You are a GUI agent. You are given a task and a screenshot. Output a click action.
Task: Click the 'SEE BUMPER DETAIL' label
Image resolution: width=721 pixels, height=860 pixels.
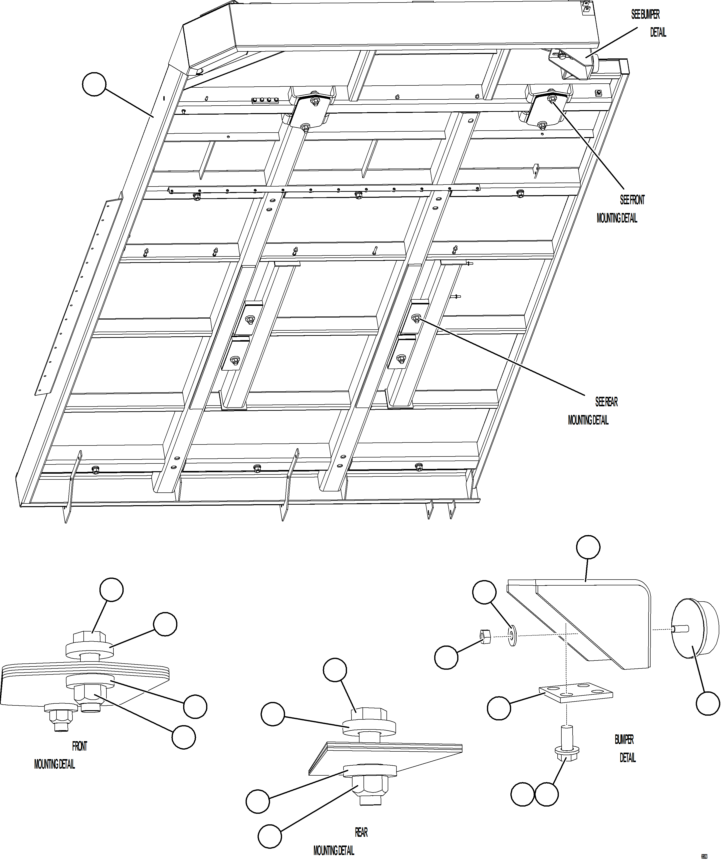point(649,23)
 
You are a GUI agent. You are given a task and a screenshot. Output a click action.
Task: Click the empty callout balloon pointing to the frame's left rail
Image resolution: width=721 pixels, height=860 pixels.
point(94,84)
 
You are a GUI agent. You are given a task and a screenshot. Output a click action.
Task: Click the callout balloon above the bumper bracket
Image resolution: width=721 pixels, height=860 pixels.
point(588,547)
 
